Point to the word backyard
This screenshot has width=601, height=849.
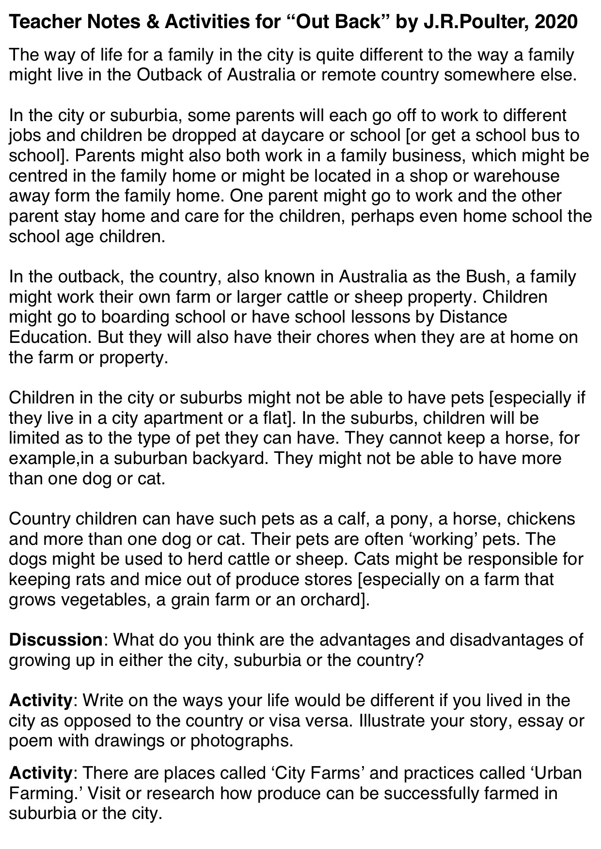click(x=230, y=458)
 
